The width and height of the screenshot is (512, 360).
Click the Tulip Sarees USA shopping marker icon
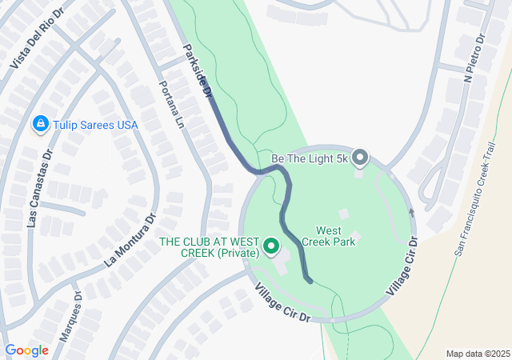tap(40, 125)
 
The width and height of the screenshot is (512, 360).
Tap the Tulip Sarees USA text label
tap(95, 126)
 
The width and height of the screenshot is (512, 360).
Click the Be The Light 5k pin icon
tap(360, 158)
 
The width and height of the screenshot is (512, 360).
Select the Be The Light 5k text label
tap(311, 158)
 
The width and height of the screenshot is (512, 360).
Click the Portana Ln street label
tap(170, 106)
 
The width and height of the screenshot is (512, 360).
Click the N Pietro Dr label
tap(474, 53)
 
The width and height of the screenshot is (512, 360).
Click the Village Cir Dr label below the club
tap(282, 303)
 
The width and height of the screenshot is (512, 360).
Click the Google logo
tap(26, 350)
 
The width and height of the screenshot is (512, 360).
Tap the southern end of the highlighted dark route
tap(310, 279)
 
